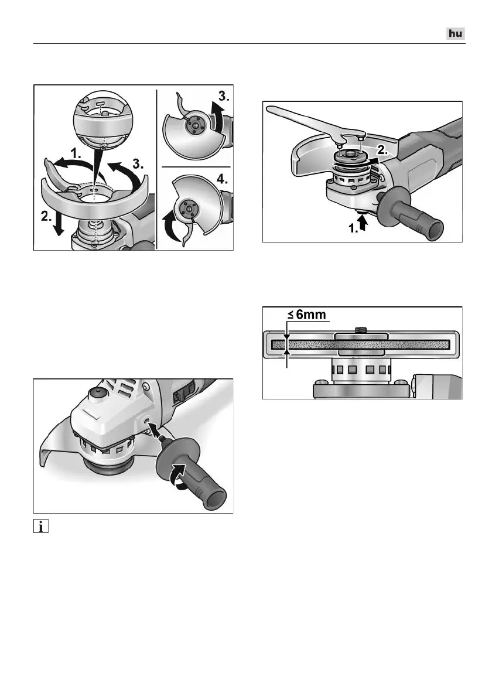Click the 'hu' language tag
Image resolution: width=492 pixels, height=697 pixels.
(x=456, y=34)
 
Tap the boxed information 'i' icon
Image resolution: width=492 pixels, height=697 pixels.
(x=41, y=527)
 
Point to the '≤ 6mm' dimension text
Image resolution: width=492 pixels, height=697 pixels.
(x=306, y=315)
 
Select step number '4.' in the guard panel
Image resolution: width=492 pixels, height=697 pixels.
(x=222, y=180)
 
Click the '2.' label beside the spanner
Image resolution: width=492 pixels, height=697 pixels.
(x=382, y=151)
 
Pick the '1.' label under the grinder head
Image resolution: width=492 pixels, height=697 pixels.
(x=354, y=230)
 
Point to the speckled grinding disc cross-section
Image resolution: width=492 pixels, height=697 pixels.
(x=360, y=344)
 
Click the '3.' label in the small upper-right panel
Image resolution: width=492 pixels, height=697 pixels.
(x=224, y=96)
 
